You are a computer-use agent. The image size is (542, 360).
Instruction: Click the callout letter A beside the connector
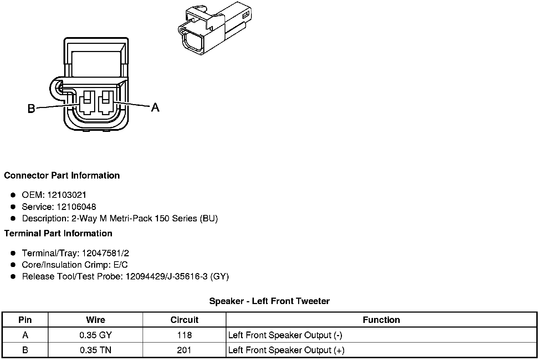tap(155, 107)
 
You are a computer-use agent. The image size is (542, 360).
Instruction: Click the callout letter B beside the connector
tap(31, 108)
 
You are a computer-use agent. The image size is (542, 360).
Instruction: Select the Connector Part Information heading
tap(62, 175)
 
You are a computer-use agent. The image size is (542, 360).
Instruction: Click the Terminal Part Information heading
tap(58, 233)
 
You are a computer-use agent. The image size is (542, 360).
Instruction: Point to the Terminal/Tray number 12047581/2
tap(105, 253)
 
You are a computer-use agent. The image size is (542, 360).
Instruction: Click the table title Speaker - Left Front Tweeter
tap(269, 301)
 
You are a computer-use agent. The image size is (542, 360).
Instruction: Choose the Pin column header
tap(25, 320)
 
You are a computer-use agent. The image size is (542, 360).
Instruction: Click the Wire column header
tap(96, 320)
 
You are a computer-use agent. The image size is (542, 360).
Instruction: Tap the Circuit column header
tap(184, 320)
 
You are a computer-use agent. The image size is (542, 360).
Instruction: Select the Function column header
tap(381, 320)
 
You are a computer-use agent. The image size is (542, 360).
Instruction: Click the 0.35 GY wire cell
tap(96, 335)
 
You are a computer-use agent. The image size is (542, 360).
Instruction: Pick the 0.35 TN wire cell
tap(96, 350)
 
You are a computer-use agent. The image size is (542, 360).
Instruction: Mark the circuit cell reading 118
tap(184, 335)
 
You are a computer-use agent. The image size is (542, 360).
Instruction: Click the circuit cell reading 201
tap(184, 350)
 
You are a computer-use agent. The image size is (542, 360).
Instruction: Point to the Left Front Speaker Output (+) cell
tap(286, 350)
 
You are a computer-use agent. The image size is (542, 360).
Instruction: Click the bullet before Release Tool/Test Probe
tap(13, 277)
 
